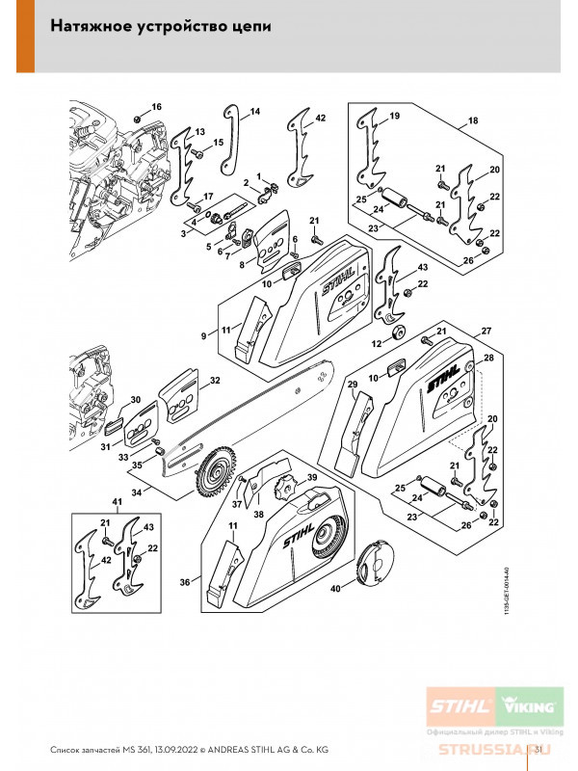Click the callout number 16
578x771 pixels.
156,106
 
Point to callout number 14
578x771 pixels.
255,113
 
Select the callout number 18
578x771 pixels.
473,121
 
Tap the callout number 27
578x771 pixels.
486,331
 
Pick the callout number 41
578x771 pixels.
118,503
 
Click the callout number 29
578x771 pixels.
353,386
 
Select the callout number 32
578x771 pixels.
215,380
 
